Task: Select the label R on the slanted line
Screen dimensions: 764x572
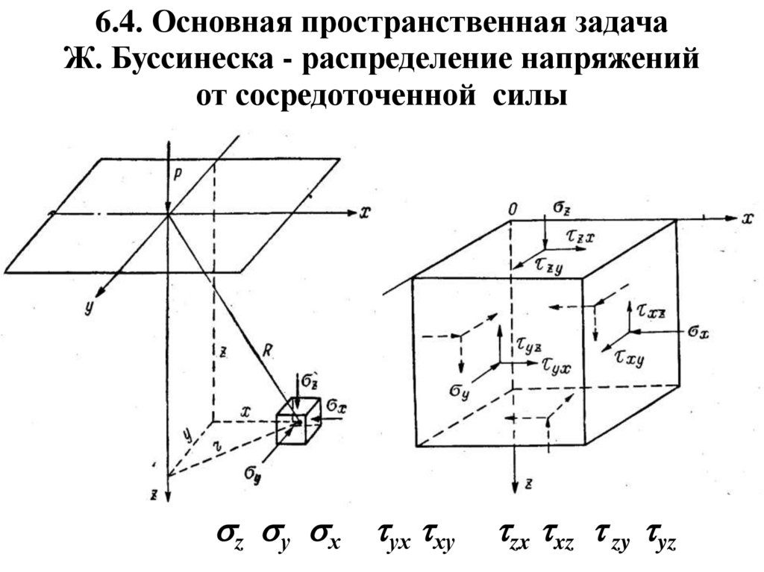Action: click(269, 348)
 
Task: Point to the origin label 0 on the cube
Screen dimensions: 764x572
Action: click(512, 210)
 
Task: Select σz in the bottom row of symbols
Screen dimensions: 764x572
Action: click(231, 536)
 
